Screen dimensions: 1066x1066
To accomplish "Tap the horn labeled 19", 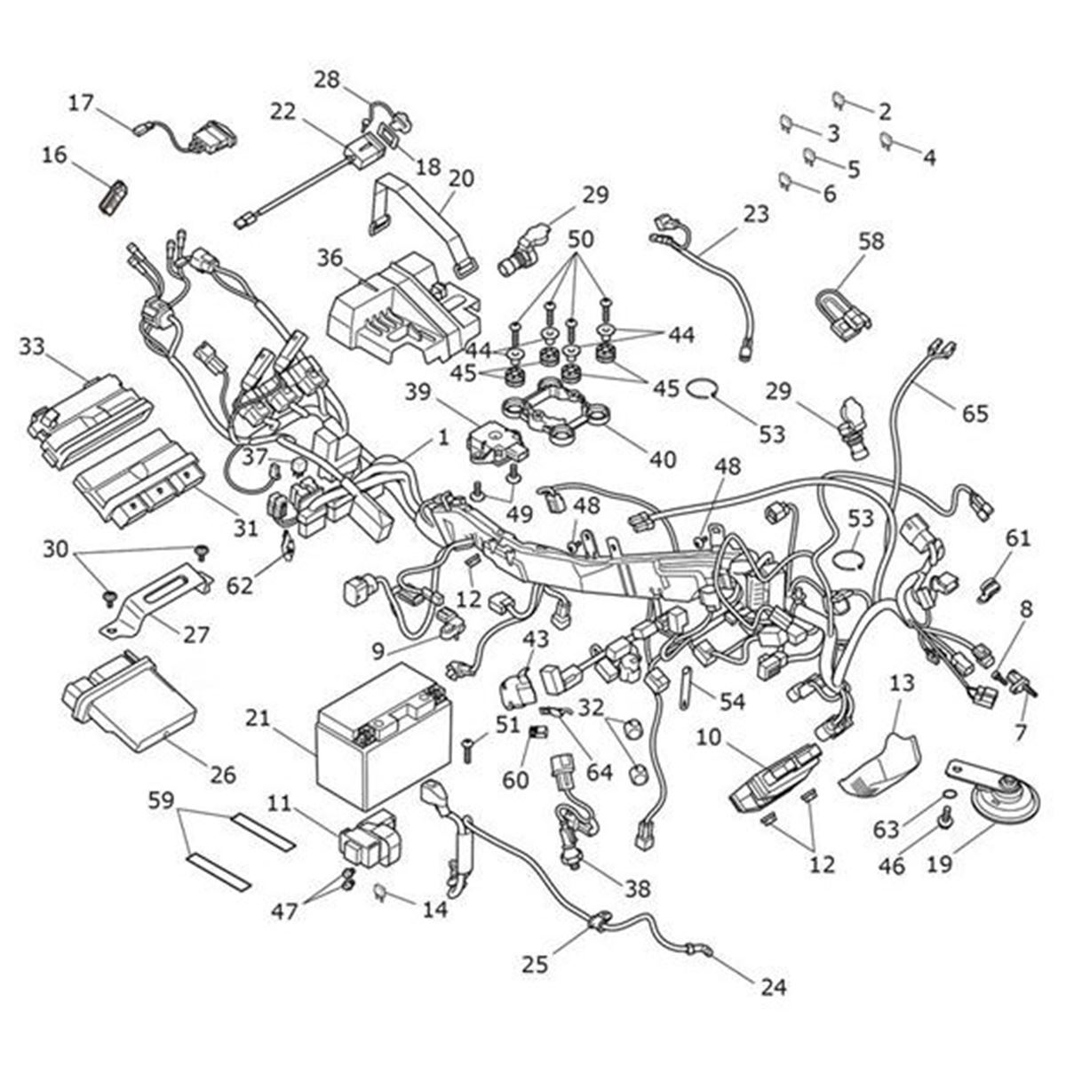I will (x=998, y=795).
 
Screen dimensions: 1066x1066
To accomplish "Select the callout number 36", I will (x=330, y=259).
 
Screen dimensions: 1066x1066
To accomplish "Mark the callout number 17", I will (x=82, y=103).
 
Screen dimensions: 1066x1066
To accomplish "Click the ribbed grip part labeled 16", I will (x=113, y=195).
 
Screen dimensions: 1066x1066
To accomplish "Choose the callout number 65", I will (x=974, y=412).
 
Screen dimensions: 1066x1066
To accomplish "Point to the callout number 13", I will (x=901, y=683).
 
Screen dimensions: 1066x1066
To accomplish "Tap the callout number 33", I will (x=32, y=346).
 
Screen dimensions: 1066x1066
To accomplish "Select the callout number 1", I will (x=442, y=438).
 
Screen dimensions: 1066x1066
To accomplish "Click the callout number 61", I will (x=1018, y=537).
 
